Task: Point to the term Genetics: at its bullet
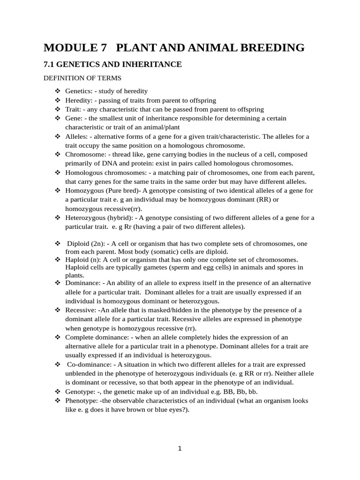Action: pos(78,91)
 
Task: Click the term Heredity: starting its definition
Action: pos(79,100)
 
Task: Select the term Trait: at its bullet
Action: pos(73,109)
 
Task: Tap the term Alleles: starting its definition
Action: pos(76,136)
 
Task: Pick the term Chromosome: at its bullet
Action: pos(84,154)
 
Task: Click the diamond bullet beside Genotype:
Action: pos(58,392)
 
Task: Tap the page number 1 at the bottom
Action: pos(180,449)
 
